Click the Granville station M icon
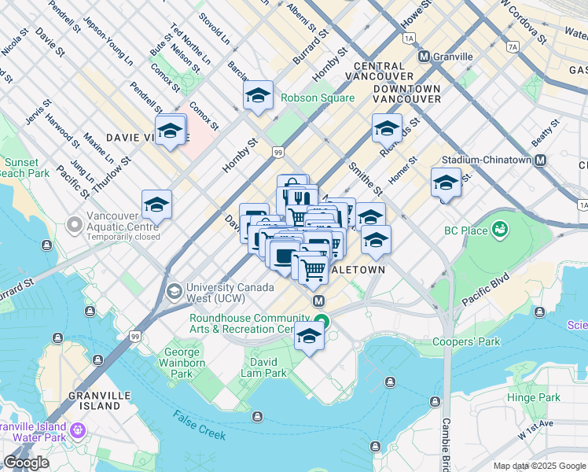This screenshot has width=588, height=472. click(424, 57)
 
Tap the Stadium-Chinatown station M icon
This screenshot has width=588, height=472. click(540, 160)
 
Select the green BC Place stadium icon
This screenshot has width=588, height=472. click(498, 229)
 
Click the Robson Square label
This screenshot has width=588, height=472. click(318, 98)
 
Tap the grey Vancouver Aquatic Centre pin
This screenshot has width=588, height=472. click(75, 225)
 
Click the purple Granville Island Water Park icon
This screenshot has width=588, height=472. click(77, 430)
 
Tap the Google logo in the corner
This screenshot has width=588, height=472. click(26, 463)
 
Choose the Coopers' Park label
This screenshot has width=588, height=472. click(466, 342)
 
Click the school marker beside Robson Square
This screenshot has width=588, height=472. click(258, 97)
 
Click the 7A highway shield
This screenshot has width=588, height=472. click(513, 47)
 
